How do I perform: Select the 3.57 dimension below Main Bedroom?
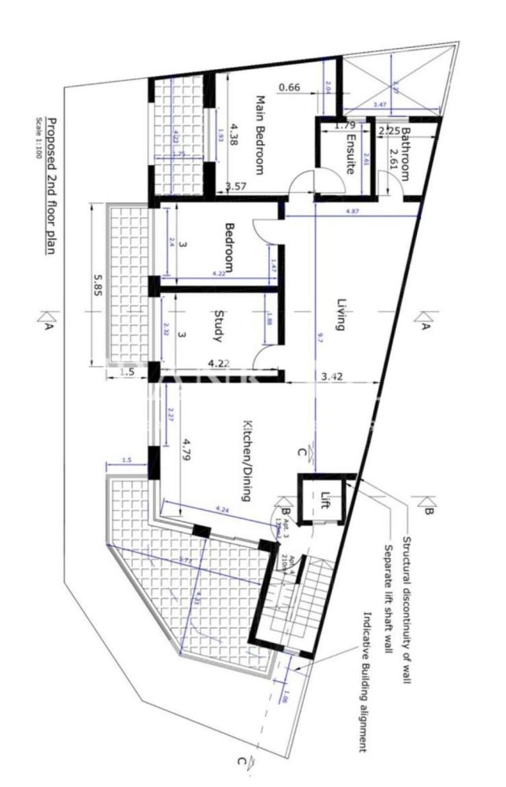click(236, 187)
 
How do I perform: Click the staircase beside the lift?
click(293, 601)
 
